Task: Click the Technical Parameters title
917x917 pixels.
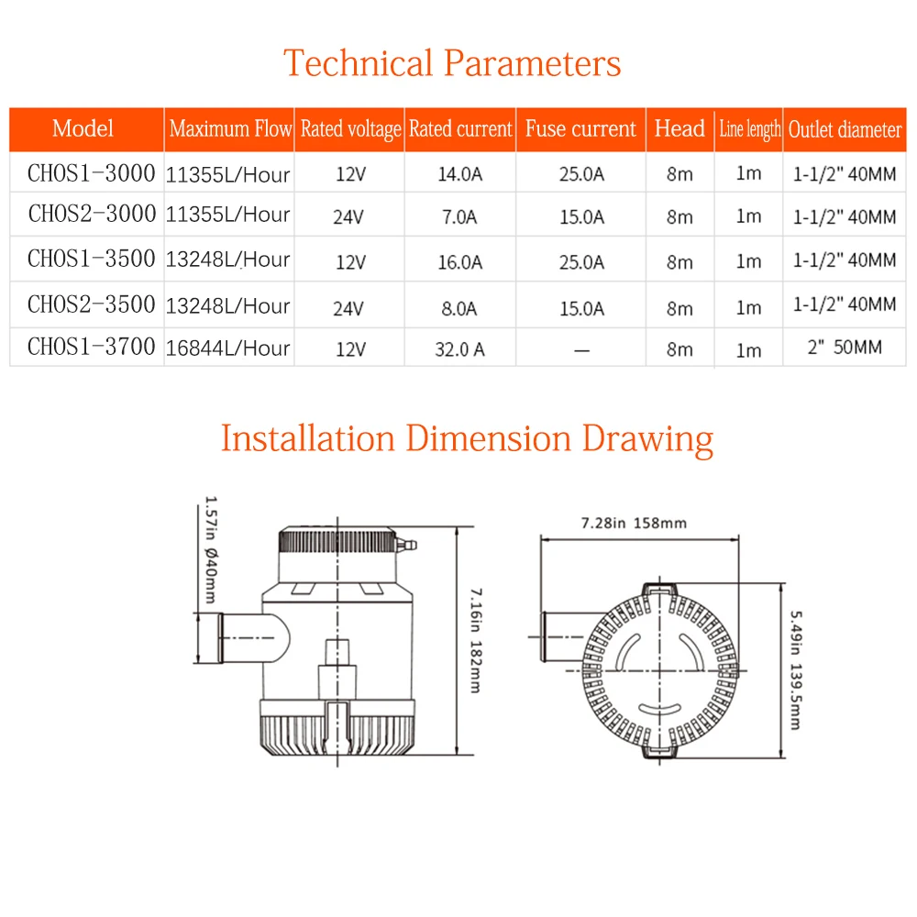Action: tap(452, 63)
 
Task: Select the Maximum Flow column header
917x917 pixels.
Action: tap(230, 129)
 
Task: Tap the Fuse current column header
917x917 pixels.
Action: tap(580, 129)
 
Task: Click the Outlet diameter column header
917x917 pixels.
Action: tap(845, 130)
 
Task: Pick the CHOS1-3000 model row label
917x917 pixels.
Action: tap(91, 171)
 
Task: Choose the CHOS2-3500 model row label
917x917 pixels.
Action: tap(91, 304)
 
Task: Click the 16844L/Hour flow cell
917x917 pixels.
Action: tap(228, 348)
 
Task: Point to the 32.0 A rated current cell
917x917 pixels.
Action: tap(459, 349)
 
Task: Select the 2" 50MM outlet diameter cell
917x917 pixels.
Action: tap(845, 349)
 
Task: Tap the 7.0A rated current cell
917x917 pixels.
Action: tap(459, 217)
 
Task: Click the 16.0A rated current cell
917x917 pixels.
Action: tap(459, 261)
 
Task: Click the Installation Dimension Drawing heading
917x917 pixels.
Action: tap(467, 438)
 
